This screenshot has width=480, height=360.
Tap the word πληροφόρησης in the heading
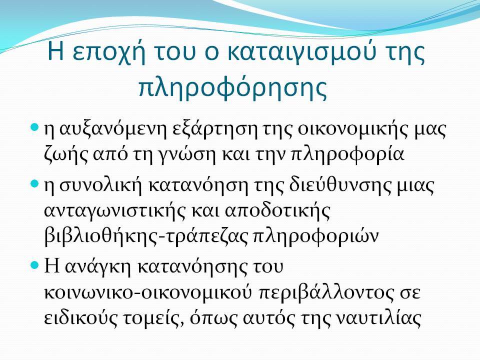coord(233,86)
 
